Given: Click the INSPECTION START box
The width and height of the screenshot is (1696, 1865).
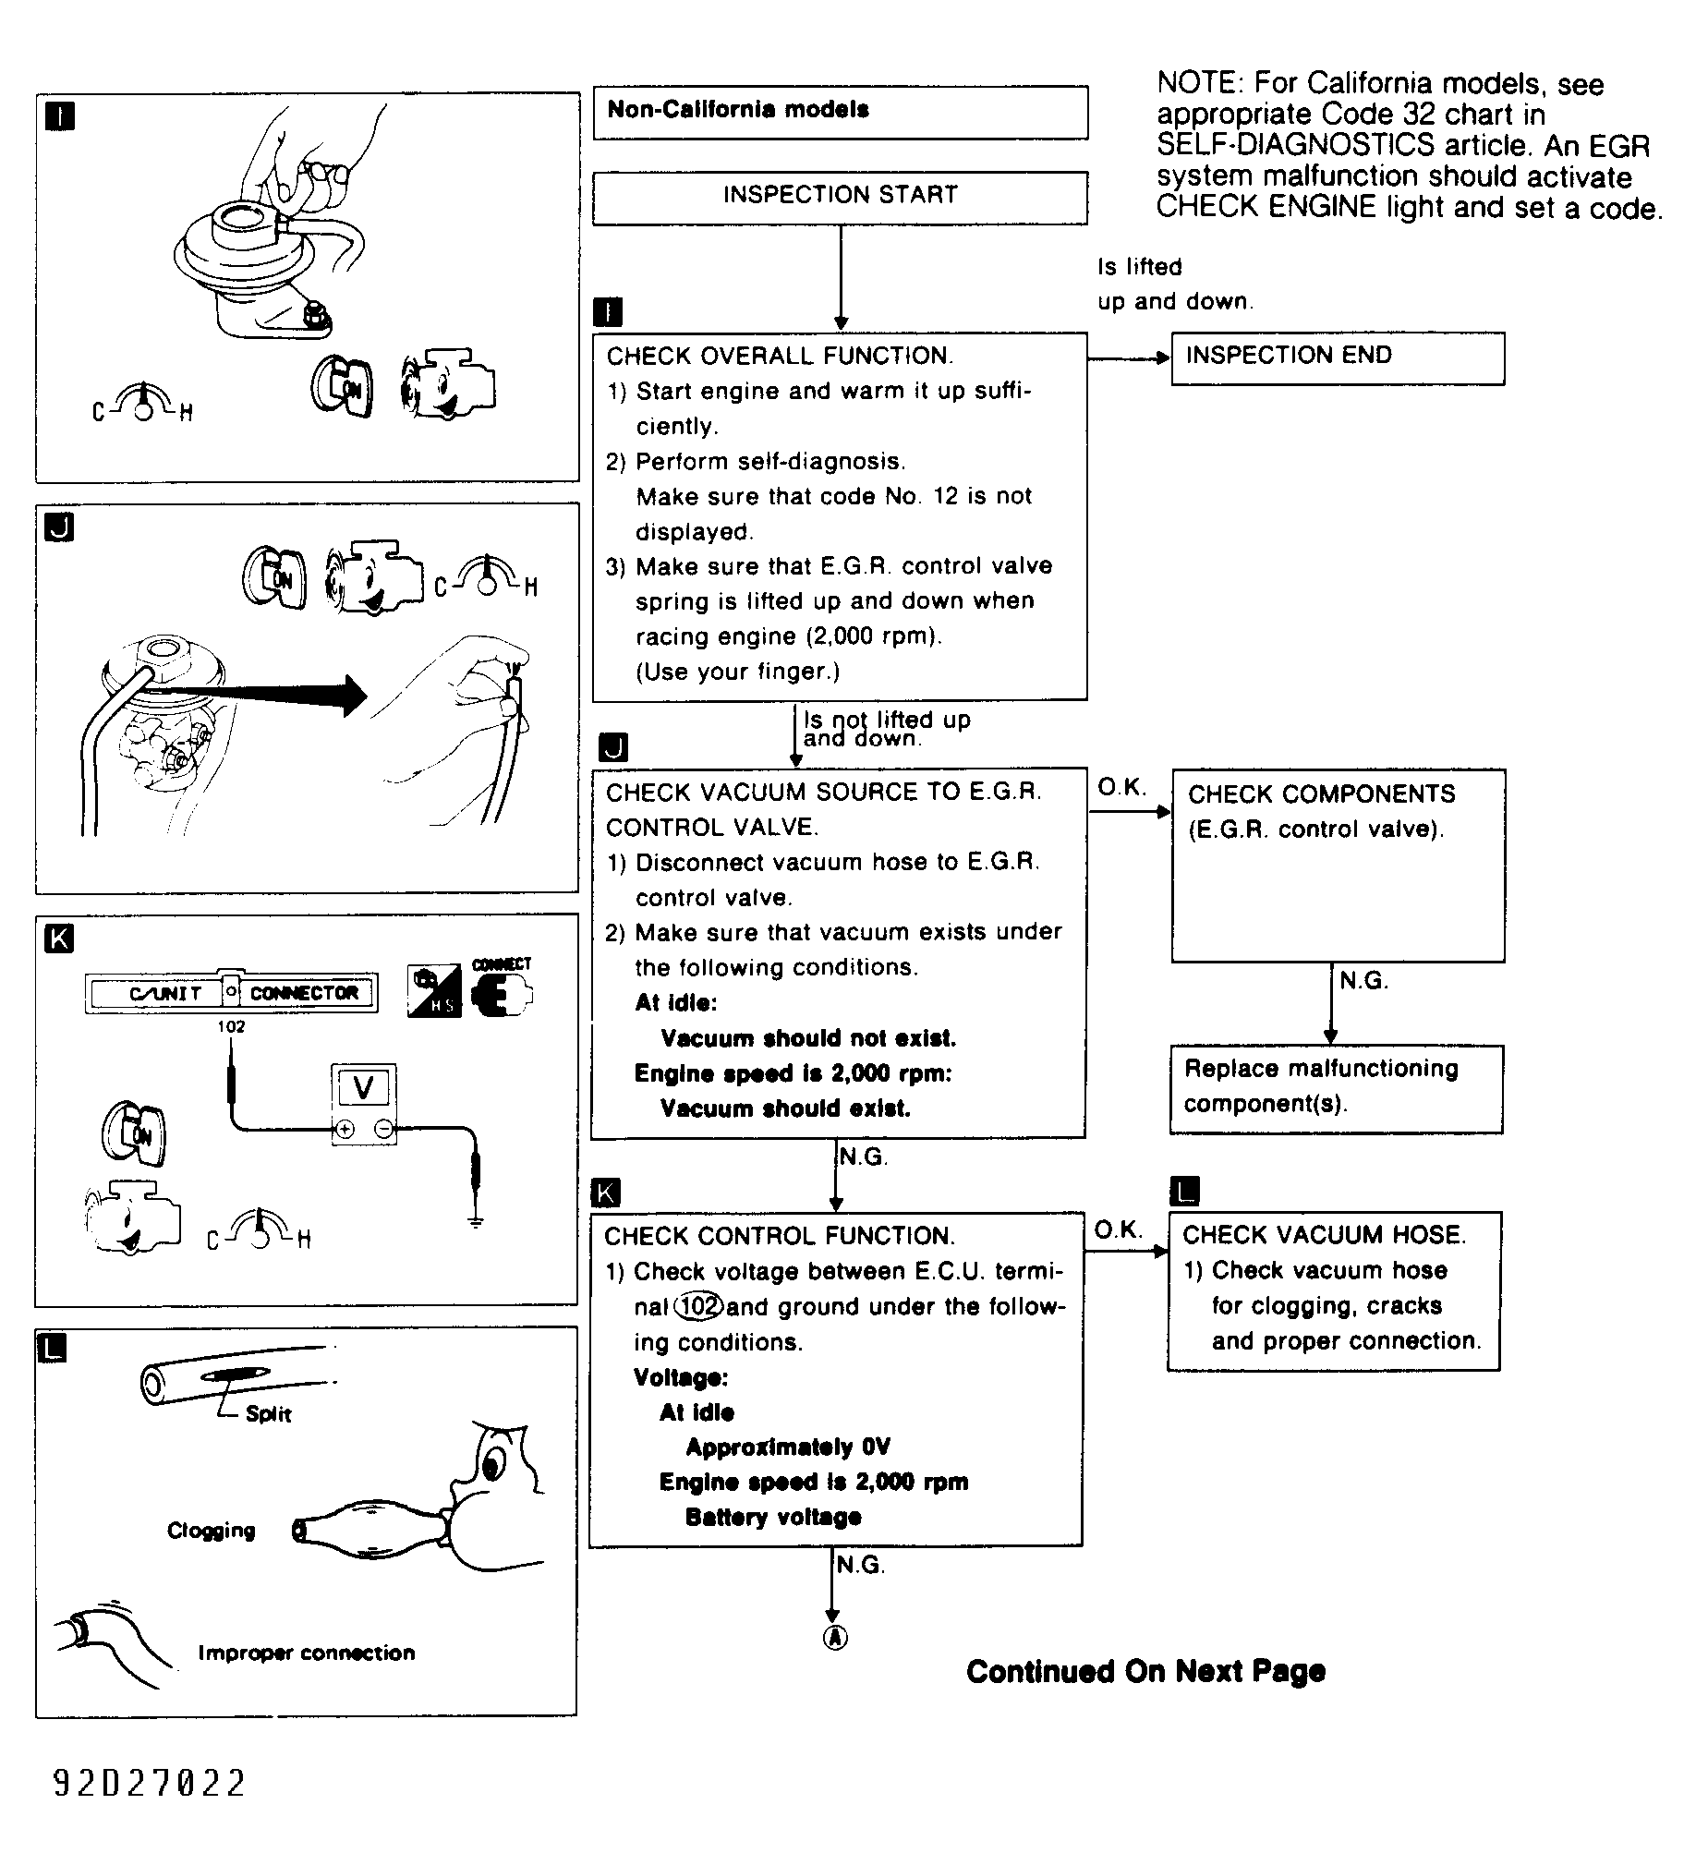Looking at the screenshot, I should tap(839, 197).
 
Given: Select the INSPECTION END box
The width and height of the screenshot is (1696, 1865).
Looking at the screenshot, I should tap(1336, 357).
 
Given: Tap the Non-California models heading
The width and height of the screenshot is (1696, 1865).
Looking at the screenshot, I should tap(839, 112).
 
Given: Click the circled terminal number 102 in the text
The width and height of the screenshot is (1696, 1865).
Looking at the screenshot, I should tap(698, 1305).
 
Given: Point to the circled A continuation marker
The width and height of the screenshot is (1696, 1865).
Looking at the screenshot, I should tap(834, 1638).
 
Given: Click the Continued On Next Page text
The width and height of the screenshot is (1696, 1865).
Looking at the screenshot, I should tap(1145, 1671).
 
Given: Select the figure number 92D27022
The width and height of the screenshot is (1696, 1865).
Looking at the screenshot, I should tap(149, 1783).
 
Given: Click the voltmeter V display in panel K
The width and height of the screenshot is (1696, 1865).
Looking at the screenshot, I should tap(364, 1087).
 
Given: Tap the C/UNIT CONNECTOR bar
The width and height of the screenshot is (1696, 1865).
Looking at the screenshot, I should tap(231, 993).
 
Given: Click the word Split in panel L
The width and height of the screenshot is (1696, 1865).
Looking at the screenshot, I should tap(268, 1413).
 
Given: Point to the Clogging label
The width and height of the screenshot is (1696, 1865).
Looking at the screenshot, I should tap(211, 1530).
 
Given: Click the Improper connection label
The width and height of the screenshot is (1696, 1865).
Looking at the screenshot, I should tap(307, 1653).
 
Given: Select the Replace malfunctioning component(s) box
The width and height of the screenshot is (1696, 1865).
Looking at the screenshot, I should tap(1335, 1088).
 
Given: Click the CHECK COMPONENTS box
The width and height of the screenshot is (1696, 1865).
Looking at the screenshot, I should tap(1337, 864).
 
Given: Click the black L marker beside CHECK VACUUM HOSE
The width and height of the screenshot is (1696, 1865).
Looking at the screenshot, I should tap(1184, 1191).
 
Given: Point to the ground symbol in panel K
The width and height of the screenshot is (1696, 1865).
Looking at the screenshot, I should tap(476, 1222).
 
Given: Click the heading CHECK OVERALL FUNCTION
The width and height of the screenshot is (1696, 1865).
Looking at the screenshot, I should tap(780, 357).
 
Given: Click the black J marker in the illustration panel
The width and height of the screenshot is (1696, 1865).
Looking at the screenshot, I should tap(59, 527).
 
